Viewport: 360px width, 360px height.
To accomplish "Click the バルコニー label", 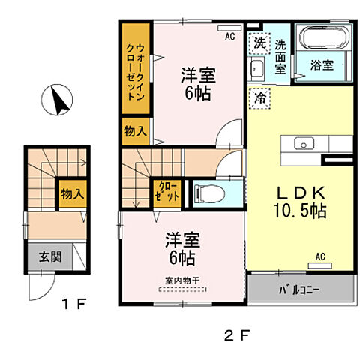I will tap(300, 288).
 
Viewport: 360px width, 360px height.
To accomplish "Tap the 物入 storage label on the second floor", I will tap(135, 132).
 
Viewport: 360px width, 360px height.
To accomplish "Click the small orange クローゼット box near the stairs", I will tap(166, 191).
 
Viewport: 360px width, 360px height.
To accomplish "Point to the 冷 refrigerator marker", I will tap(259, 97).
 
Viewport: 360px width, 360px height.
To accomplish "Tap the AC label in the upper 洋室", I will tap(231, 34).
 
